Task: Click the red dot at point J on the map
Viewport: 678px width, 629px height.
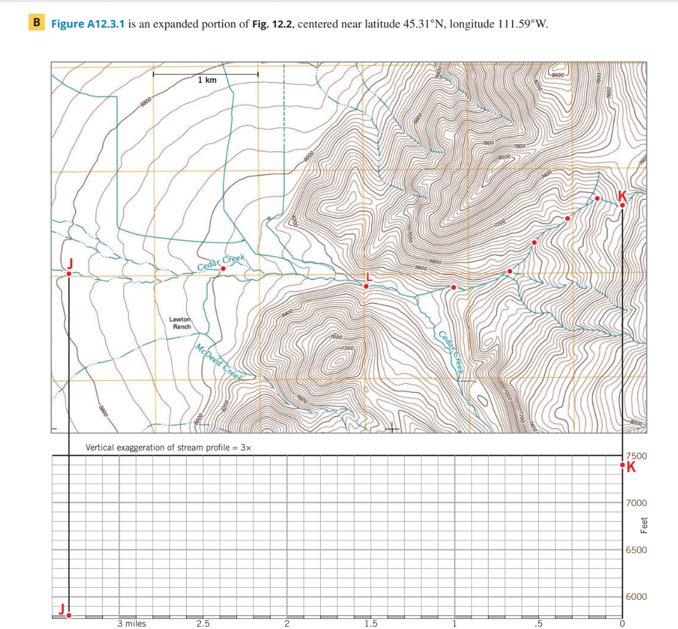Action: coord(69,274)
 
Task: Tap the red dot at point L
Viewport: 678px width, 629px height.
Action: coord(366,286)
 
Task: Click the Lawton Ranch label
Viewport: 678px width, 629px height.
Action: coord(181,323)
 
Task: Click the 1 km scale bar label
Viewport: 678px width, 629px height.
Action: coord(207,80)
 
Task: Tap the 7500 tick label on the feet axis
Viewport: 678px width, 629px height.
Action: coord(636,456)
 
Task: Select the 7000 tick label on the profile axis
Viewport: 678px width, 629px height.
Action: coord(636,503)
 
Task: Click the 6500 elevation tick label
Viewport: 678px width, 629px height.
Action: coord(636,550)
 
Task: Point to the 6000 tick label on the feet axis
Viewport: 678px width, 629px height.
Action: coord(636,596)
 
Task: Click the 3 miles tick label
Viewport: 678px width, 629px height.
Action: coord(132,623)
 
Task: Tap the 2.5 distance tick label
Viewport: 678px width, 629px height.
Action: coord(203,623)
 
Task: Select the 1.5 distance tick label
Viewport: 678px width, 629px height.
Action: coord(371,623)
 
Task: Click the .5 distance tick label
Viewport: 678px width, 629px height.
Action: coord(537,623)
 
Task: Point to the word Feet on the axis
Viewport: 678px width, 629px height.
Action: coord(644,525)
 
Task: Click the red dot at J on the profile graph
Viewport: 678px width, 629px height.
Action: coord(69,615)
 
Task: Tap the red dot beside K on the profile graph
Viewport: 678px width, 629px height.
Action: coord(623,466)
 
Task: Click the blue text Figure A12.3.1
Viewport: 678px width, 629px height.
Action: coord(88,24)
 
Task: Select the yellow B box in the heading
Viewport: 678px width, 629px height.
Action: coord(37,23)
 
